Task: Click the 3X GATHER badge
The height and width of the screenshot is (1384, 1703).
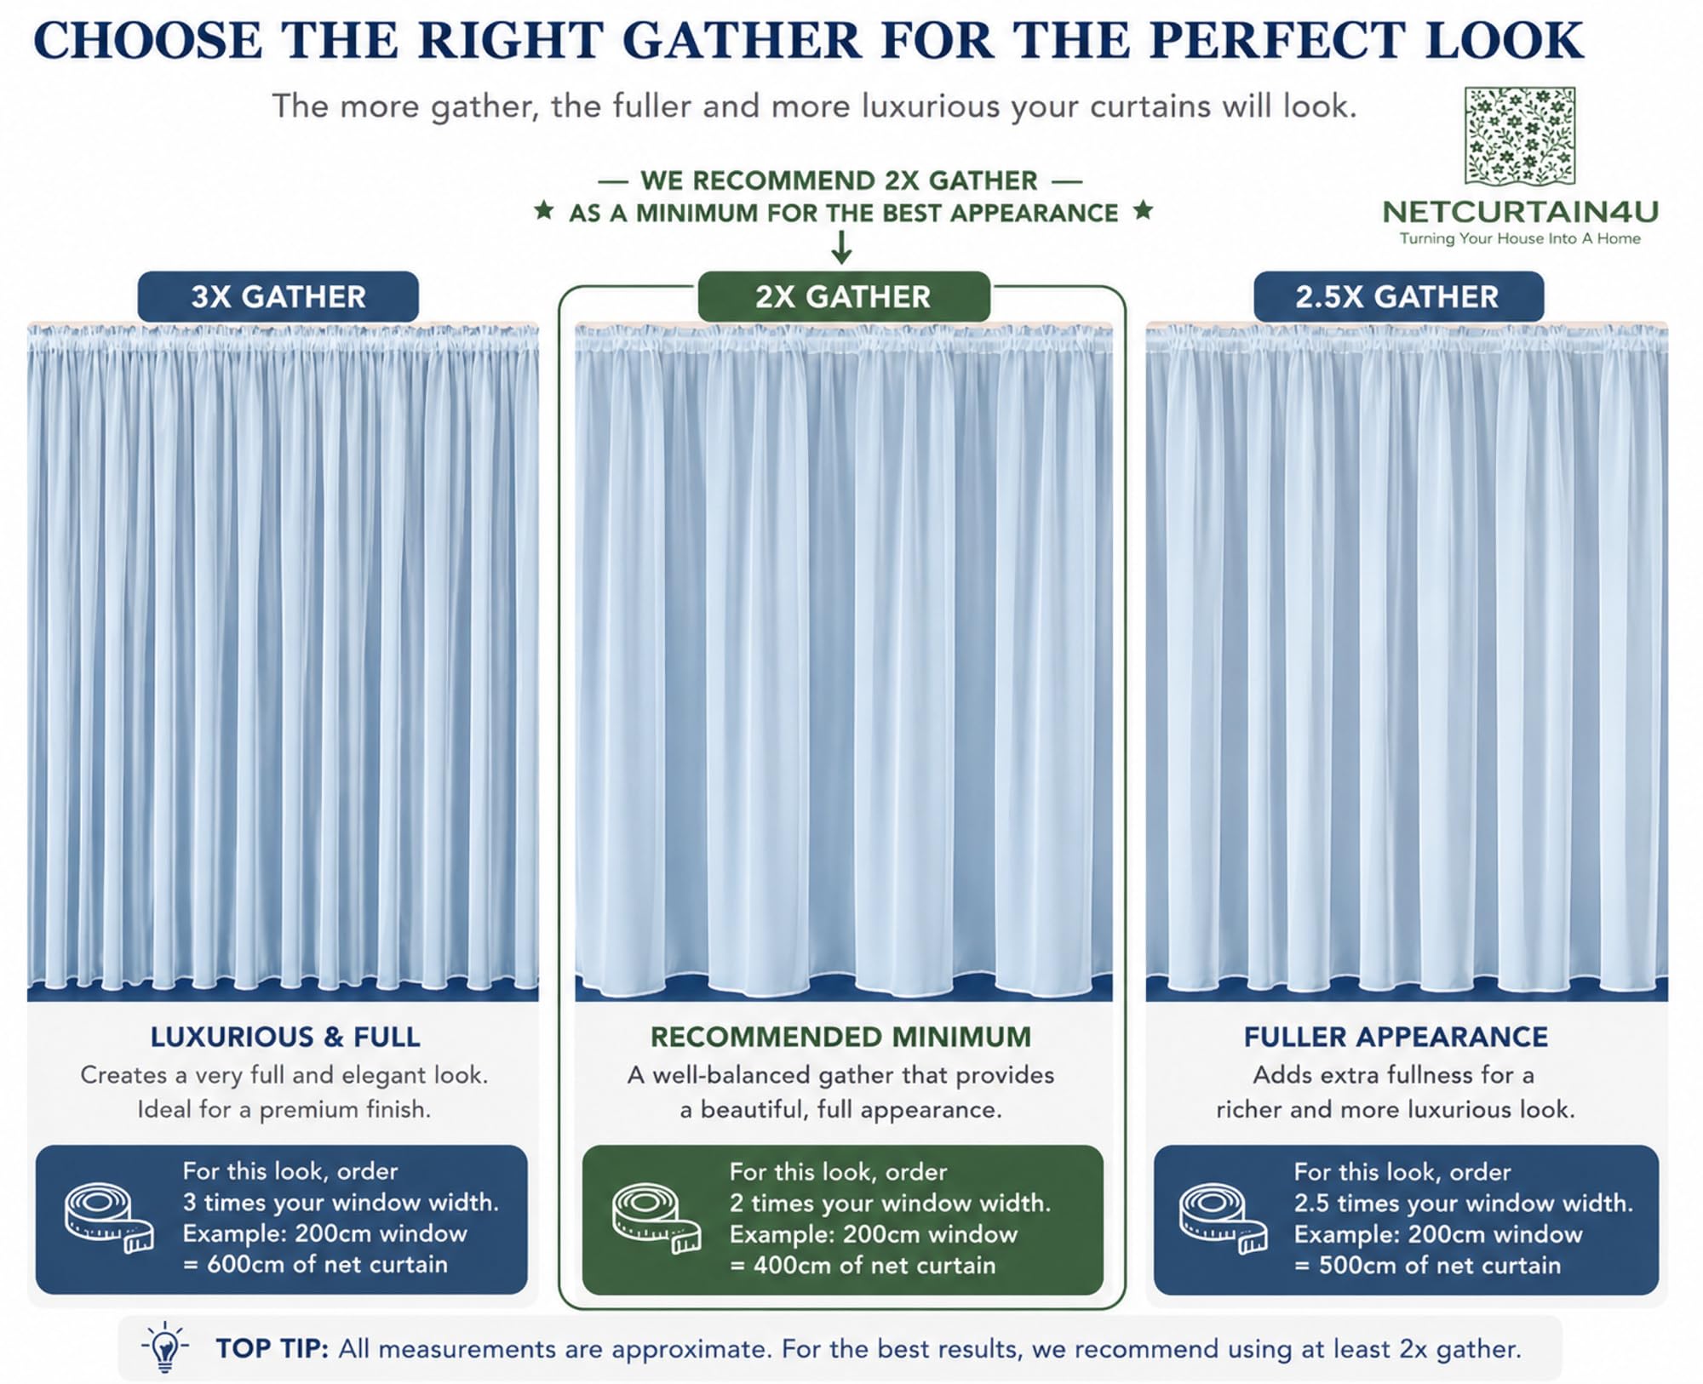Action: (x=278, y=296)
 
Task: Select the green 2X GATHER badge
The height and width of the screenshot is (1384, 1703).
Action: (x=844, y=296)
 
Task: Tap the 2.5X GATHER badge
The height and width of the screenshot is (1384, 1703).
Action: (x=1398, y=296)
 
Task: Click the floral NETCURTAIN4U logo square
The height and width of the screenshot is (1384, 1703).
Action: (x=1520, y=136)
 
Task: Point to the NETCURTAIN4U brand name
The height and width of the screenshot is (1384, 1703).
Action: (x=1520, y=211)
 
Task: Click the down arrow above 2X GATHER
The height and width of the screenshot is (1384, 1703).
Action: (x=841, y=247)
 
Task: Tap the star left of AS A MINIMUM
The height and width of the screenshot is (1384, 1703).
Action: (x=544, y=210)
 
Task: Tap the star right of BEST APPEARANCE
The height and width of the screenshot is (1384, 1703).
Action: (x=1144, y=210)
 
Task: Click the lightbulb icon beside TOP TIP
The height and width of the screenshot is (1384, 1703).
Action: (x=165, y=1347)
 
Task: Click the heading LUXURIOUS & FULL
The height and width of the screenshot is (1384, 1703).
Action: (x=285, y=1037)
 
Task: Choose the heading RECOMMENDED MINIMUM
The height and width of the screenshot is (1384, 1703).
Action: (x=841, y=1037)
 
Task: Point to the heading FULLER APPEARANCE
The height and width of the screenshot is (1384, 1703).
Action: (x=1396, y=1037)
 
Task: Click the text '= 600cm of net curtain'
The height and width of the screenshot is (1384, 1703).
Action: (x=315, y=1264)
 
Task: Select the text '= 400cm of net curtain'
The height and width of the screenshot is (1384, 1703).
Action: (x=863, y=1265)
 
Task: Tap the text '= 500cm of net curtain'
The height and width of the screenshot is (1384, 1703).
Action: (x=1428, y=1265)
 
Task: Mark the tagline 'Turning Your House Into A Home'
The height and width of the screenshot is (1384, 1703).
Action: (x=1520, y=238)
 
